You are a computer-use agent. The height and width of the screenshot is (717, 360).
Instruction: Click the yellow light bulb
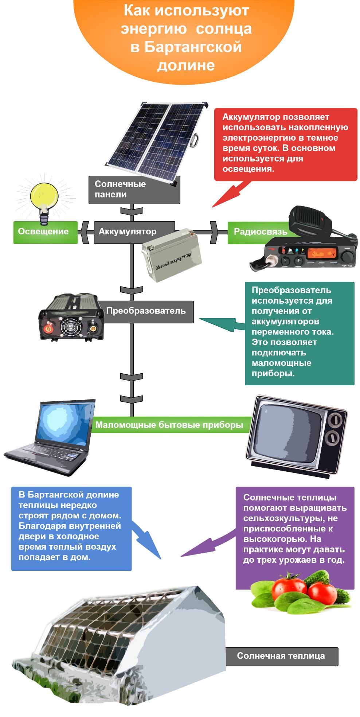(x=44, y=197)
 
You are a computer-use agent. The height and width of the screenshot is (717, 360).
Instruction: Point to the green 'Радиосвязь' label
(x=259, y=232)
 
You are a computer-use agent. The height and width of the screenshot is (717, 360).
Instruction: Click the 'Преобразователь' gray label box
(x=148, y=311)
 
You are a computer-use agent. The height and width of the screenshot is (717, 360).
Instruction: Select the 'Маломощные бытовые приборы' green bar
(x=170, y=425)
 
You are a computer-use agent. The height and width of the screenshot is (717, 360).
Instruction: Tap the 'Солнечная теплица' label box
(x=281, y=656)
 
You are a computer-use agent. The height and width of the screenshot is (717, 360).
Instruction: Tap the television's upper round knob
(x=334, y=420)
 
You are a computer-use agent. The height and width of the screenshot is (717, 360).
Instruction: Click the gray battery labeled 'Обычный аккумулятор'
(x=171, y=255)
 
